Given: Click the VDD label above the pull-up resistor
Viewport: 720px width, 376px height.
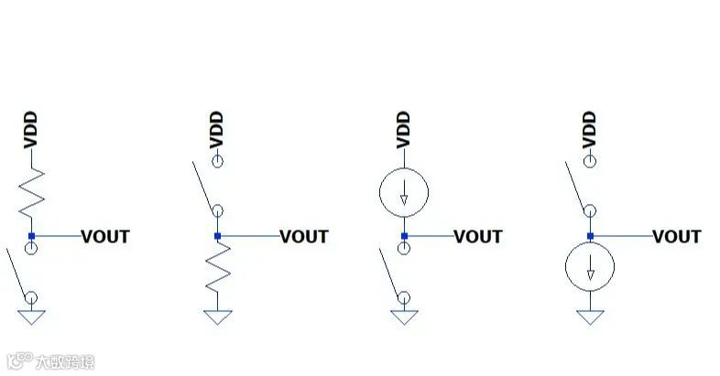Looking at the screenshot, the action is [31, 130].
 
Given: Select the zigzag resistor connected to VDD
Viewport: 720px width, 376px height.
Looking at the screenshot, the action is [31, 195].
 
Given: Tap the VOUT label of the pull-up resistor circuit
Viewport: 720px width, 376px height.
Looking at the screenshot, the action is [105, 237].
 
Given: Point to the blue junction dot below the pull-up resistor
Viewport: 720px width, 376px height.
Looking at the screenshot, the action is [31, 237].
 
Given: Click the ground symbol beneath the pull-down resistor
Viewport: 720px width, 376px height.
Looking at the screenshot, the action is [217, 317].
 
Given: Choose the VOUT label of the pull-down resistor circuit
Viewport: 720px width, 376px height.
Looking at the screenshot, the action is [303, 237].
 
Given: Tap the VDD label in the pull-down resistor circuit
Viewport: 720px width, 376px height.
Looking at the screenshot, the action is [217, 130].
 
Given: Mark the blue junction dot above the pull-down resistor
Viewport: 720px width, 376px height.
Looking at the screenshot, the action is [217, 237].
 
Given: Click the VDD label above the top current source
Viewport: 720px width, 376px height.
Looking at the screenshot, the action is [403, 130].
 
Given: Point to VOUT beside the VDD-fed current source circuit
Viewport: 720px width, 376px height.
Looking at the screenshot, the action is [478, 237].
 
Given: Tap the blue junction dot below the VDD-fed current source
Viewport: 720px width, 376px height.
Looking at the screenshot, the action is [403, 237].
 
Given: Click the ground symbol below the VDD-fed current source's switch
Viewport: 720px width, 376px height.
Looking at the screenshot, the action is [403, 317].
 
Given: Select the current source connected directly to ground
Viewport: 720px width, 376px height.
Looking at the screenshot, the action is [590, 268].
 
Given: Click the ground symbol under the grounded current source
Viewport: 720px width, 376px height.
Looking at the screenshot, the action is [590, 317].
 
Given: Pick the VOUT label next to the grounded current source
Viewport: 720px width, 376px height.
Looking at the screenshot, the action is [676, 237].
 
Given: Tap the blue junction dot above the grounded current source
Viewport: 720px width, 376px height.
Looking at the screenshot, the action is [590, 237].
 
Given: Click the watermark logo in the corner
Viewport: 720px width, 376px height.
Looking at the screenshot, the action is [50, 361].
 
